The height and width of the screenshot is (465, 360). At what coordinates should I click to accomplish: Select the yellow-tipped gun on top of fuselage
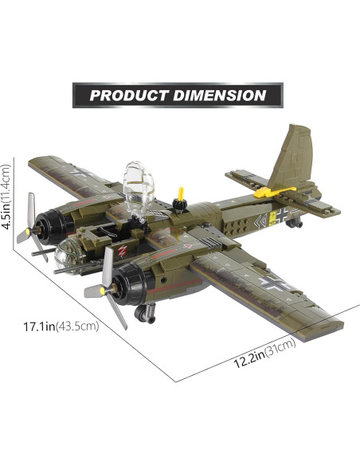pos(182,194)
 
